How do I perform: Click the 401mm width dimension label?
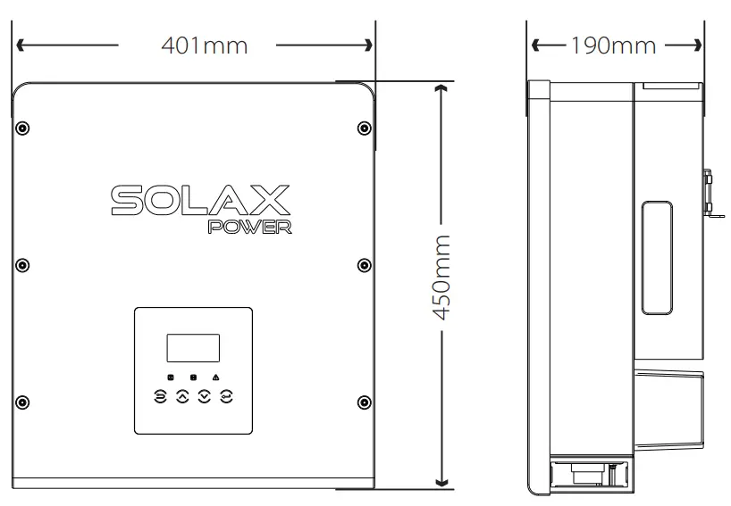click(x=204, y=45)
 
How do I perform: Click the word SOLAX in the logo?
click(x=200, y=200)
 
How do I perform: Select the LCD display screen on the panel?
click(x=193, y=347)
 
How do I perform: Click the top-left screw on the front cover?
click(x=23, y=127)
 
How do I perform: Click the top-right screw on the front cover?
click(x=363, y=127)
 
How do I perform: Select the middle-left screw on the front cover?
click(x=23, y=264)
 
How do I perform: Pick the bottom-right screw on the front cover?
click(x=363, y=401)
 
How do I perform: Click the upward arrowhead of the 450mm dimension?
click(x=440, y=87)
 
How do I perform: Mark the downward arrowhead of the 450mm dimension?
click(x=440, y=482)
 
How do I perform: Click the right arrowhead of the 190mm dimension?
click(x=697, y=44)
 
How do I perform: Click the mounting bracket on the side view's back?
click(x=711, y=195)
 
